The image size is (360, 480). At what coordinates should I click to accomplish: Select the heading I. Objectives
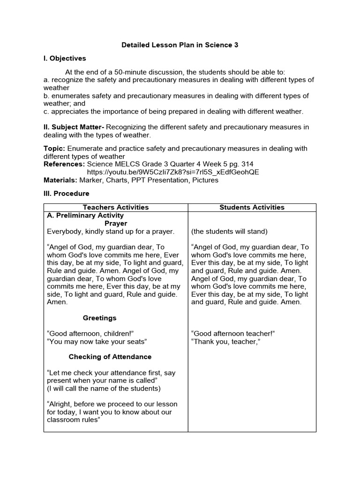(x=65, y=59)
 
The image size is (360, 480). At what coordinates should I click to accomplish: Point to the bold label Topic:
(x=54, y=148)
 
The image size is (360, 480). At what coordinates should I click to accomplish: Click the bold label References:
(x=64, y=164)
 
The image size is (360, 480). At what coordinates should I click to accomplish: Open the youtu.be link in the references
(x=173, y=172)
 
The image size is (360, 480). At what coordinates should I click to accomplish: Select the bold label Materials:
(x=60, y=180)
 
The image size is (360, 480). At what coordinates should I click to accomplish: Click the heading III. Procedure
(x=66, y=193)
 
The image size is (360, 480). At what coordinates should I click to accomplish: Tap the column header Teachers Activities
(x=116, y=207)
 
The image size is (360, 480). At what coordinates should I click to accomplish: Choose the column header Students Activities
(x=252, y=207)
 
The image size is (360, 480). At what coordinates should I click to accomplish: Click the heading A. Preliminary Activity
(x=85, y=216)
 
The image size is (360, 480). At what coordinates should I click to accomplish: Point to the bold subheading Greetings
(x=100, y=318)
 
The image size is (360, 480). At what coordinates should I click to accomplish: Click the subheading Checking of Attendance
(x=110, y=357)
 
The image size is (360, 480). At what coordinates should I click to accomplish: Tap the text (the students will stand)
(x=229, y=232)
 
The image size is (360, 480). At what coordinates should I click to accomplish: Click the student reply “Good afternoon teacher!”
(x=233, y=334)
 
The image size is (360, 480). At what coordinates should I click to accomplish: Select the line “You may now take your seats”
(x=97, y=342)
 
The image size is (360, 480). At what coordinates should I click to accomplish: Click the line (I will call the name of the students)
(x=104, y=389)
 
